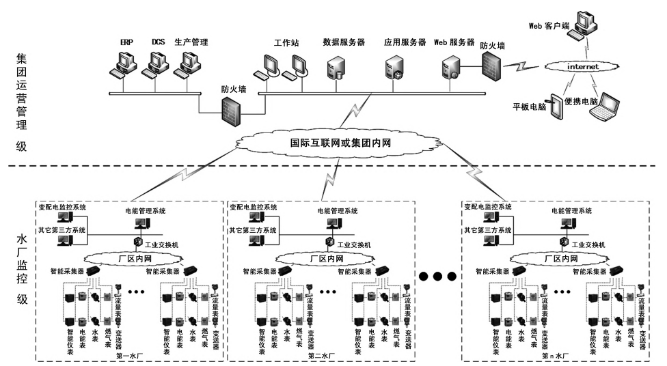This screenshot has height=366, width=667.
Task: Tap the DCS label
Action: [x=158, y=42]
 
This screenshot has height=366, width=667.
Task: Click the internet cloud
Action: [x=582, y=67]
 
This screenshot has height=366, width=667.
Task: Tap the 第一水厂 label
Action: [x=128, y=355]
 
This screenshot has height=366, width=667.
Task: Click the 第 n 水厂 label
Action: [x=555, y=355]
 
